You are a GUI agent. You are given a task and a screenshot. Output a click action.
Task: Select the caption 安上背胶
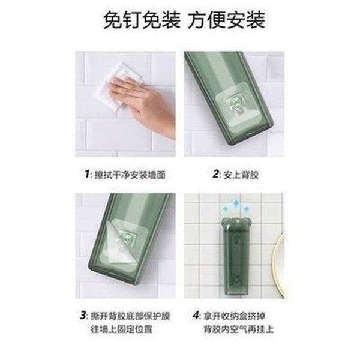[236, 176]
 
